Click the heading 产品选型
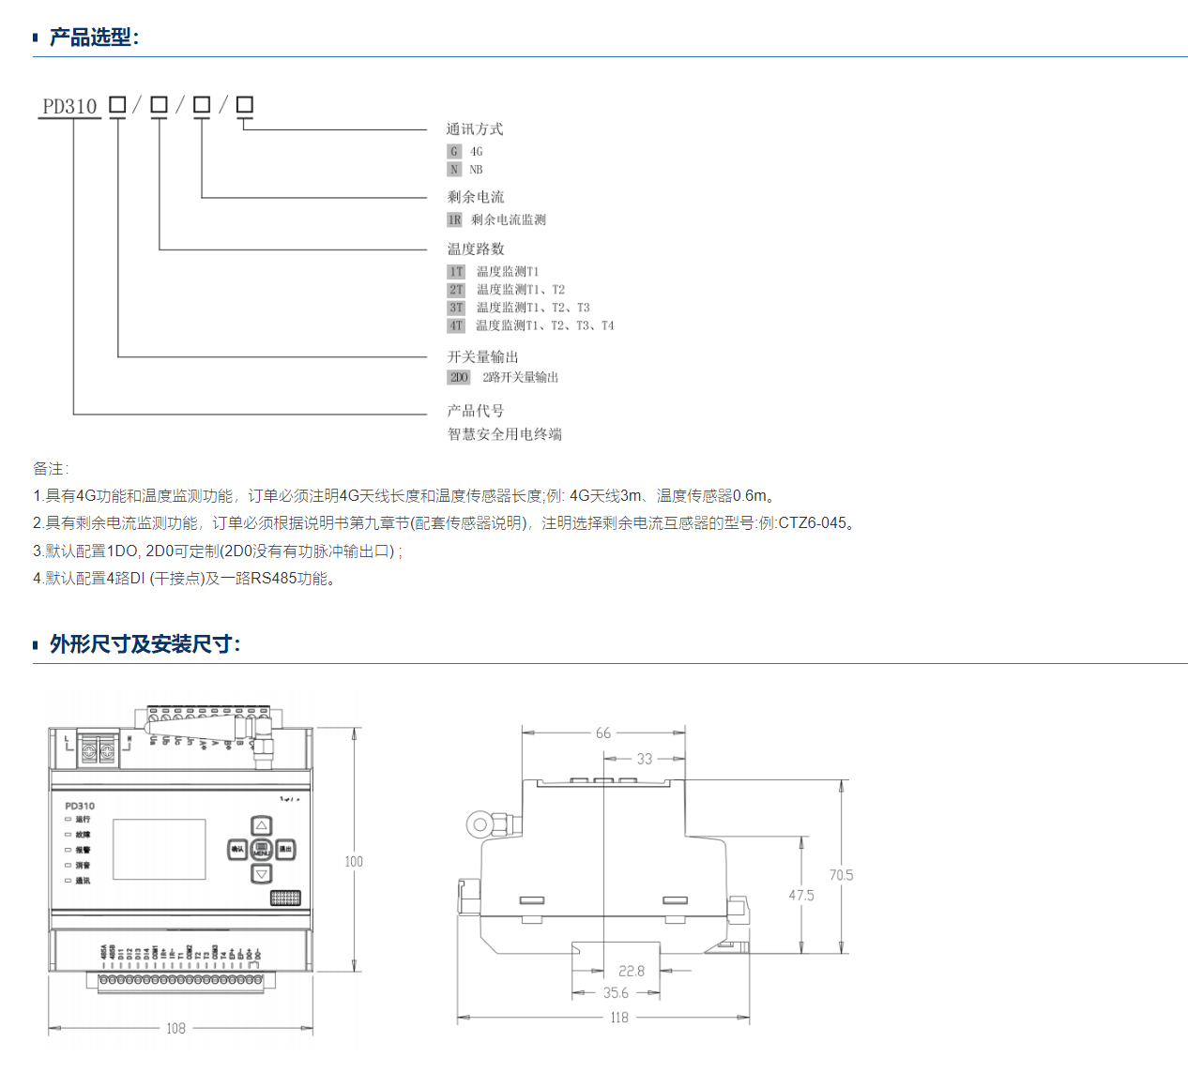[92, 38]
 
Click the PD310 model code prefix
[69, 106]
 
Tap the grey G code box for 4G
[454, 151]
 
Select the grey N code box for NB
[454, 170]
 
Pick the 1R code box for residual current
[455, 219]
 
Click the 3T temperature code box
[456, 308]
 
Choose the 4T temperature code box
[456, 325]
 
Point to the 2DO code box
[459, 377]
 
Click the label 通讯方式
[475, 129]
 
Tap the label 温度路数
[476, 249]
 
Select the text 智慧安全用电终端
[505, 434]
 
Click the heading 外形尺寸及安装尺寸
[145, 644]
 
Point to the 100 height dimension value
[354, 861]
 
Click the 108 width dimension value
[175, 1029]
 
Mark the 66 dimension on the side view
[603, 732]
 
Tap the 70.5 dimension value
[841, 875]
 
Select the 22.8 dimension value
[632, 971]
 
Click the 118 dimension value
[619, 1018]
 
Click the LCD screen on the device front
[160, 849]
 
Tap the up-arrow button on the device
[262, 825]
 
